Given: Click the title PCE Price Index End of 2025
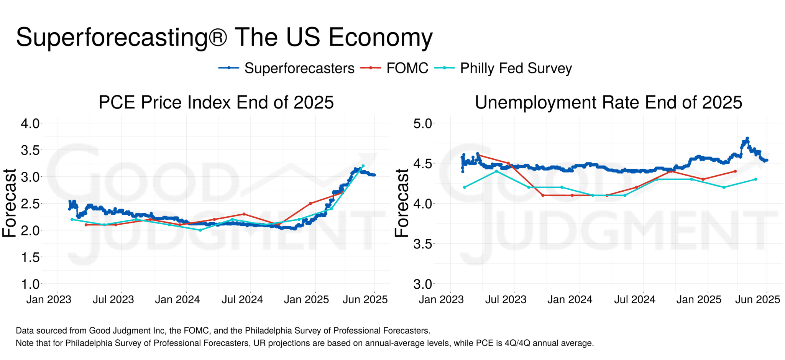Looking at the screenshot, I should pos(216,102).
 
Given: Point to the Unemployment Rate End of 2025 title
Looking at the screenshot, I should pos(608,102).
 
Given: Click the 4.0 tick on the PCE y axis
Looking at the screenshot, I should pos(30,123).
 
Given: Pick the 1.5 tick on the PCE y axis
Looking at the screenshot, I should pos(30,257).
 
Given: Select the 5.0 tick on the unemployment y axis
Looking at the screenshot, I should pos(422,123).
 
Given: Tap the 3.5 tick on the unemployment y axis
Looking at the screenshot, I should pos(422,244).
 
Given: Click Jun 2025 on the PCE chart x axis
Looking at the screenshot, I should pos(365,299).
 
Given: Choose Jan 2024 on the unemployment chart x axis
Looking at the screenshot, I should pos(570,299).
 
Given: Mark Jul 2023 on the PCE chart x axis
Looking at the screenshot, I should pos(113,299).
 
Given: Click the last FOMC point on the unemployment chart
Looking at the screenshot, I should pos(735,171).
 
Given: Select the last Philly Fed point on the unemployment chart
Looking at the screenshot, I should pos(755,179).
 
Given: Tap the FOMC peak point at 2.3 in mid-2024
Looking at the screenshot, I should pos(244,214).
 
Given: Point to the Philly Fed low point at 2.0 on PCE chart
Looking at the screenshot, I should pos(200,230).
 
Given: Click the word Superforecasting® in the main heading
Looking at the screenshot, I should pos(122,38).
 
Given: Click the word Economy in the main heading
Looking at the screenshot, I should pos(380,38).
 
